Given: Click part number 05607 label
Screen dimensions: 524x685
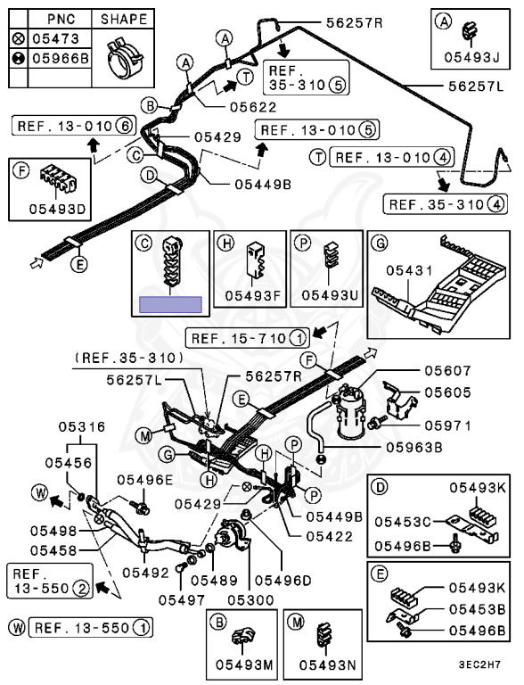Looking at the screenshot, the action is (x=447, y=371).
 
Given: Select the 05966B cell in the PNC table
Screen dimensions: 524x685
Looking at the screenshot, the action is (x=61, y=58).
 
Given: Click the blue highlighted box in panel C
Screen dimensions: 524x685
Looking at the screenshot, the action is (x=170, y=304).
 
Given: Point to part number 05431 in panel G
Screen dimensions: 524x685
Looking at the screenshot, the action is (x=409, y=271).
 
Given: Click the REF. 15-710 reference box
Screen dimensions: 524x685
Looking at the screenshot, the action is (x=248, y=338).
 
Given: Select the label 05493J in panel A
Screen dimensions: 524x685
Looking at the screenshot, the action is (x=471, y=57).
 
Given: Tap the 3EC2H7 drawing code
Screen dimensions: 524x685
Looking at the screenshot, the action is (x=479, y=664).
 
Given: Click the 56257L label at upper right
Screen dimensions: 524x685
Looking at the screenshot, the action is (x=476, y=86).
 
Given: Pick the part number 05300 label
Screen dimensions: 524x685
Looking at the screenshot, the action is (x=250, y=600).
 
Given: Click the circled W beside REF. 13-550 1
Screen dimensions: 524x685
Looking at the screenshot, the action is (x=18, y=628).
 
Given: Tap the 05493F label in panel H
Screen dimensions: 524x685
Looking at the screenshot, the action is (x=252, y=296).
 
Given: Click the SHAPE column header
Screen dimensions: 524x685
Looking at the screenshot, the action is (x=124, y=20).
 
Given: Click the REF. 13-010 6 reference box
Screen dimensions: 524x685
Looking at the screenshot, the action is (x=74, y=127).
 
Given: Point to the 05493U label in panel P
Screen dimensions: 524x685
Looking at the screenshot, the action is (x=329, y=295).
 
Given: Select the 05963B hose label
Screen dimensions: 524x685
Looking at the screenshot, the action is (x=414, y=448).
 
